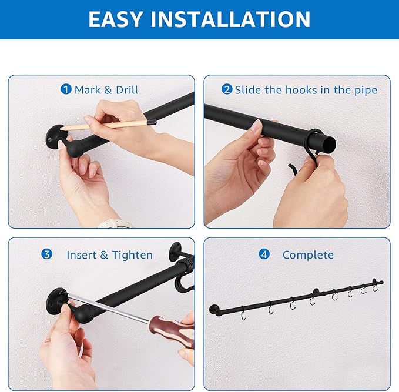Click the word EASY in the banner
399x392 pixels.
115,19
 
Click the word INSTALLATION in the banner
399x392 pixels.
230,19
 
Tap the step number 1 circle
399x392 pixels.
66,89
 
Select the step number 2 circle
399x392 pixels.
226,89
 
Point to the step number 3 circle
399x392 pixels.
47,254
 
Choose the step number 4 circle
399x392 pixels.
264,254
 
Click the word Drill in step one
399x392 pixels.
127,90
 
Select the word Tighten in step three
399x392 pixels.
132,255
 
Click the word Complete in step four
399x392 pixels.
308,255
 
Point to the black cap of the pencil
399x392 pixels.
152,122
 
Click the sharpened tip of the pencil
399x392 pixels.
62,129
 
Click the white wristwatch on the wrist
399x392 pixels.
115,224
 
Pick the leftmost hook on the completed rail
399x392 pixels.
243,314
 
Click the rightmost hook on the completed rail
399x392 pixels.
374,286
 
